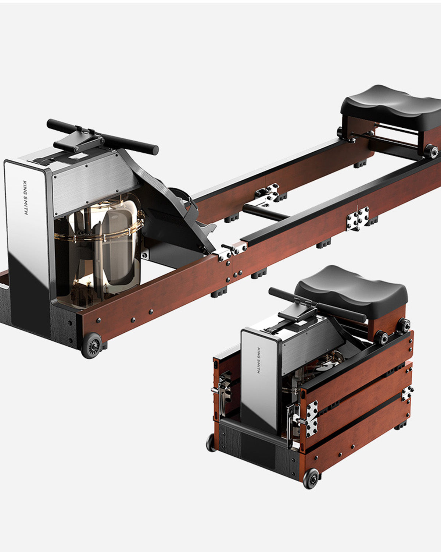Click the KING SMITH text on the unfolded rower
tap(26, 198)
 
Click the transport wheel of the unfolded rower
tap(92, 346)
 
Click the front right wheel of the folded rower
tap(311, 479)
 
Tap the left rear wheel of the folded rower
tap(211, 443)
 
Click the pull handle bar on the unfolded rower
tap(103, 137)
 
